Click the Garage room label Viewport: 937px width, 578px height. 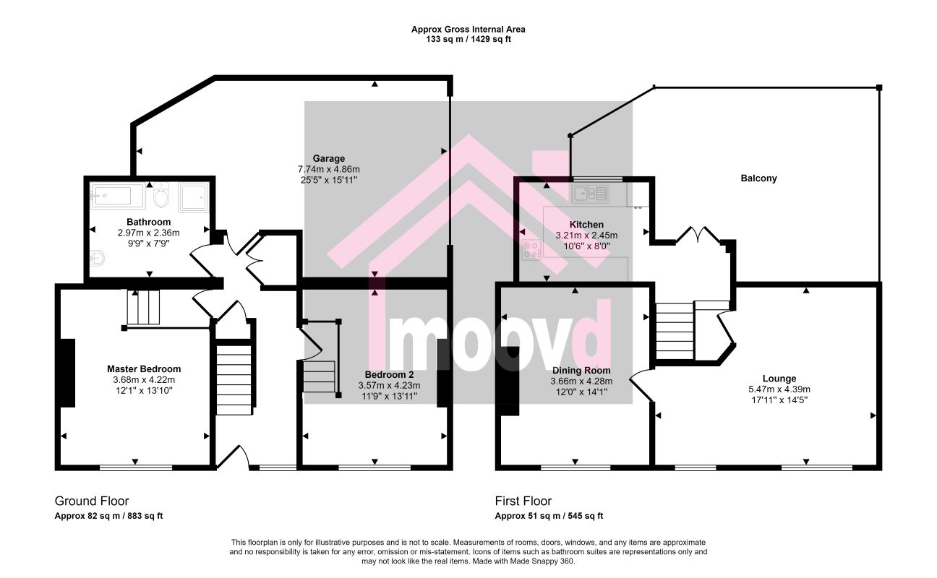tap(329, 158)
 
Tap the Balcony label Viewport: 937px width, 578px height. tap(758, 178)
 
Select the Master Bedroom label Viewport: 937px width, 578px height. tap(144, 369)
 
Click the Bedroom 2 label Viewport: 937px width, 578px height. tap(389, 374)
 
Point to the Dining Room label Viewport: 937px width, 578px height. tap(581, 371)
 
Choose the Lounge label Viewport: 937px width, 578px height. tap(779, 379)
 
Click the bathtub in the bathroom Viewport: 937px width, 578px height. tap(118, 196)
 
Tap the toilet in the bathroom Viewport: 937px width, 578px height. tap(161, 195)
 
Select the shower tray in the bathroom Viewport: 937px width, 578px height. tap(193, 197)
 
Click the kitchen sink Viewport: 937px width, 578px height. tap(590, 194)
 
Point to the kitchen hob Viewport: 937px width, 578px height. tap(531, 250)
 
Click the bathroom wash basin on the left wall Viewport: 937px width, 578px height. tap(97, 259)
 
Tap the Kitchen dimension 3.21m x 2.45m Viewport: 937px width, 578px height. tap(586, 236)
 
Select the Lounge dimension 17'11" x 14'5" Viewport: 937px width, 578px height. tap(779, 400)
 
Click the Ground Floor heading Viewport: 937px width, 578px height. tap(92, 501)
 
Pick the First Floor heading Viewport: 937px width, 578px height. tap(523, 501)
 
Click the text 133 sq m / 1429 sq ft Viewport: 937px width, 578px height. tap(469, 39)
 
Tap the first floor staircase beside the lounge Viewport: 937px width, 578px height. tap(675, 331)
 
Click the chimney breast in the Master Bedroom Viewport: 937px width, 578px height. tap(67, 373)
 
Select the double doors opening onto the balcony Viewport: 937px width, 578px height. tap(697, 235)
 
